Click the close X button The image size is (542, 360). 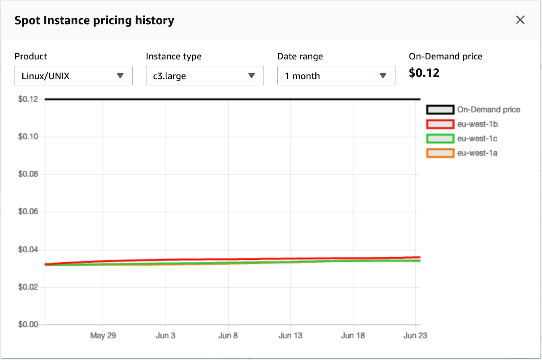pos(520,20)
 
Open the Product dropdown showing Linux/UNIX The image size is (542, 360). pos(73,76)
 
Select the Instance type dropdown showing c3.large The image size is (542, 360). pos(205,76)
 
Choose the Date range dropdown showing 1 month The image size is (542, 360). pos(336,76)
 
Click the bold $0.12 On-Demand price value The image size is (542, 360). pos(424,73)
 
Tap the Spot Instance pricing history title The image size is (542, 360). pos(94,20)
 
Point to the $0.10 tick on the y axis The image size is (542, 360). pos(28,136)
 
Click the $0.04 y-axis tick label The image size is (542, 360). pos(28,250)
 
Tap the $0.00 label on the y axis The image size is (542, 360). pos(28,324)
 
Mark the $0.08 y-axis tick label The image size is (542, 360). pos(28,174)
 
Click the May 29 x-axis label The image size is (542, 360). pos(103,336)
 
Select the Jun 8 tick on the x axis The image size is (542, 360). pos(228,336)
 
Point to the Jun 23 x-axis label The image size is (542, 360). pos(415,336)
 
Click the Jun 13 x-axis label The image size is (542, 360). pos(290,336)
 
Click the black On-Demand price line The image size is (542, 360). pos(232,99)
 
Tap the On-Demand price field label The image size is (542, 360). pos(445,56)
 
